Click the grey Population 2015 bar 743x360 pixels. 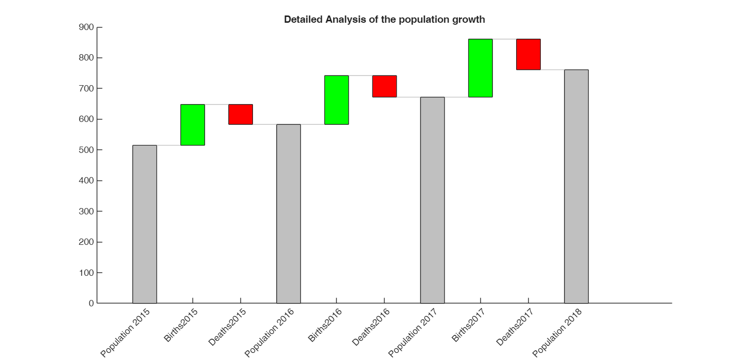coord(145,224)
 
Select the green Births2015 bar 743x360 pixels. coord(193,125)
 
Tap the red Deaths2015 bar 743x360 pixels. coord(240,114)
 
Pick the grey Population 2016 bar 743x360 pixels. coord(288,214)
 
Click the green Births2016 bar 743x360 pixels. coord(336,100)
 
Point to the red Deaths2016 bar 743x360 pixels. coord(384,86)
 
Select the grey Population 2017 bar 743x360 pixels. coord(432,200)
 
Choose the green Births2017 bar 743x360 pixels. coord(480,68)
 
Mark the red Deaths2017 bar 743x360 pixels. coord(528,54)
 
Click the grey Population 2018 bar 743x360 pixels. coord(576,186)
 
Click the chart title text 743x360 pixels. coord(384,20)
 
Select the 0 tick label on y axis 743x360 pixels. coord(91,303)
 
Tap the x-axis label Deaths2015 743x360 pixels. coord(227,327)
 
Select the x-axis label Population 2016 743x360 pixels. coord(268,333)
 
